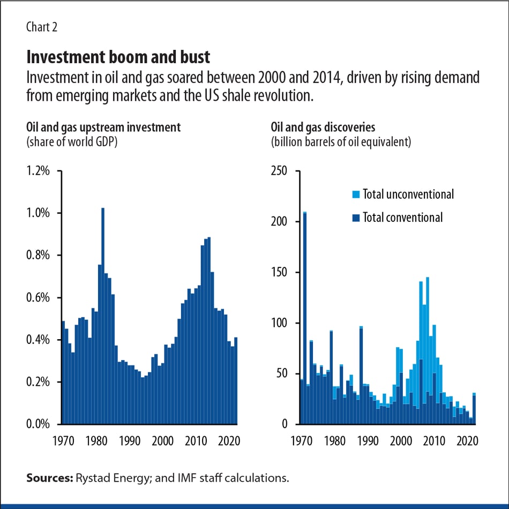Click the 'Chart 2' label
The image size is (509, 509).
(42, 27)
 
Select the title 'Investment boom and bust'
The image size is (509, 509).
(118, 57)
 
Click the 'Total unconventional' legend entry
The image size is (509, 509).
(408, 194)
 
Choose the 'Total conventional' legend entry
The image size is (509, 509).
(402, 217)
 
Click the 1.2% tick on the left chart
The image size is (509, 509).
(38, 171)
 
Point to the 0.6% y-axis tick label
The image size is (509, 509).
(38, 298)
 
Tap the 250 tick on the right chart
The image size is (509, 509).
(280, 171)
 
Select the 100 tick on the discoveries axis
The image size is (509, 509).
(280, 323)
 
